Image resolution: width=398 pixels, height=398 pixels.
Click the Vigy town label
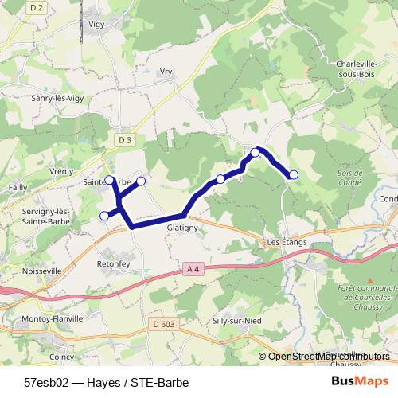97,47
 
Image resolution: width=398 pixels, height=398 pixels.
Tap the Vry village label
166,71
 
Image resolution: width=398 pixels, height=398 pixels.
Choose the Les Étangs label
283,242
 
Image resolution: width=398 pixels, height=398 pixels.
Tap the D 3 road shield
123,139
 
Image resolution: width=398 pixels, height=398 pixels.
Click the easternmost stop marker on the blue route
294,174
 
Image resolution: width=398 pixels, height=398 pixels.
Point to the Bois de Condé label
349,178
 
